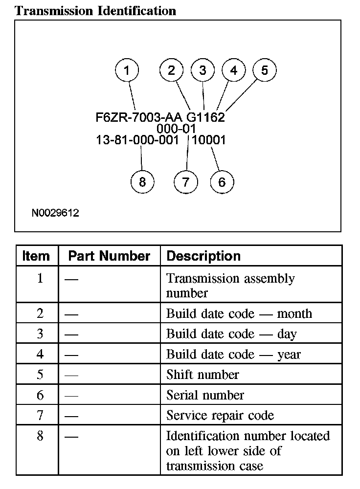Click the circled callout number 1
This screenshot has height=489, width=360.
click(x=127, y=70)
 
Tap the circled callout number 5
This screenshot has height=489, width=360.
click(x=264, y=70)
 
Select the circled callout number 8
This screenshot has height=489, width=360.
click(x=142, y=182)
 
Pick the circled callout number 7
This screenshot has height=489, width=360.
click(x=185, y=182)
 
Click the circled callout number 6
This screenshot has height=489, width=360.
click(x=222, y=182)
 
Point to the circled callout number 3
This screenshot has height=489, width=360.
click(x=202, y=70)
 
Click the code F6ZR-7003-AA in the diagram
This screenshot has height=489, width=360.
click(x=139, y=118)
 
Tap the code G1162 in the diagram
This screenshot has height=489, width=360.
click(x=206, y=118)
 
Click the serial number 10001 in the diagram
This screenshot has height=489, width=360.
click(x=209, y=140)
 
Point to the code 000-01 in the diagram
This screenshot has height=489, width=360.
click(x=177, y=129)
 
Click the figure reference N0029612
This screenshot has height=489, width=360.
click(x=55, y=213)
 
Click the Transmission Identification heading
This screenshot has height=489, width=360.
click(x=95, y=11)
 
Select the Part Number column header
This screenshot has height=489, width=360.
click(x=109, y=256)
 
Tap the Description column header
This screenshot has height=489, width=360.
click(x=203, y=256)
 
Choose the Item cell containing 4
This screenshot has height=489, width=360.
click(x=40, y=354)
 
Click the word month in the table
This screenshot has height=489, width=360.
click(x=294, y=313)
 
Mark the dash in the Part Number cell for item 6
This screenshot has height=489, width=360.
click(x=71, y=396)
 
